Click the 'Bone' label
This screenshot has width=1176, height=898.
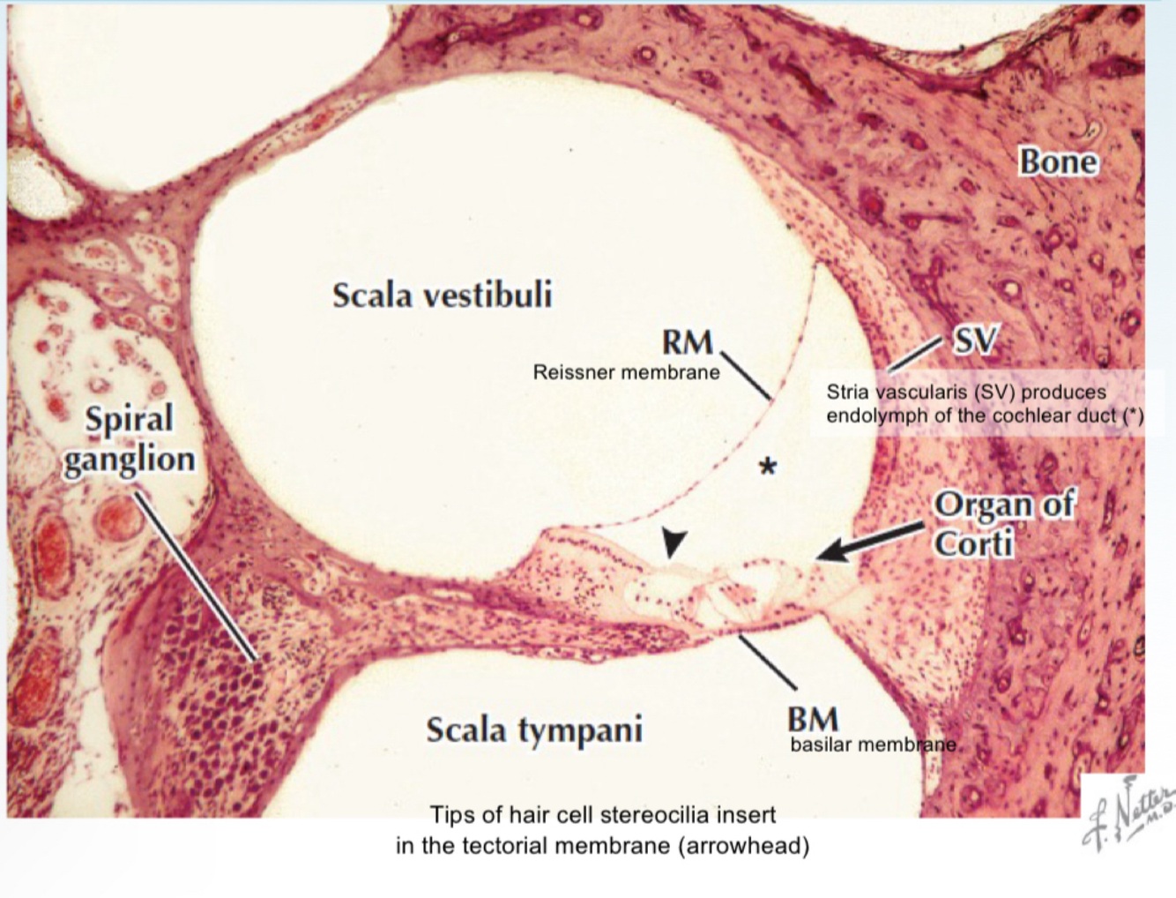click(1058, 162)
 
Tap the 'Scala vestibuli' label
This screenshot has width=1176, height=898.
click(442, 295)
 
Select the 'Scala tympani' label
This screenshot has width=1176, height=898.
click(534, 730)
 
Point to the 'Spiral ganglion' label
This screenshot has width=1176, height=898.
click(130, 439)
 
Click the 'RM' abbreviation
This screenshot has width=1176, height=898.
click(687, 342)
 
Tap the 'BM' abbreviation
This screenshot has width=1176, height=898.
click(813, 719)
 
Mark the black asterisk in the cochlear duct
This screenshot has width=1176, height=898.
click(769, 467)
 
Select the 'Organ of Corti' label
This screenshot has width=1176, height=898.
click(1003, 523)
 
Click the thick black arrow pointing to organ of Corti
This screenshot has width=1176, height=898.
click(873, 540)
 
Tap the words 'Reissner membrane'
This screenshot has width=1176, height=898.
click(626, 372)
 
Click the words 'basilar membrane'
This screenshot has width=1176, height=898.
click(873, 745)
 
